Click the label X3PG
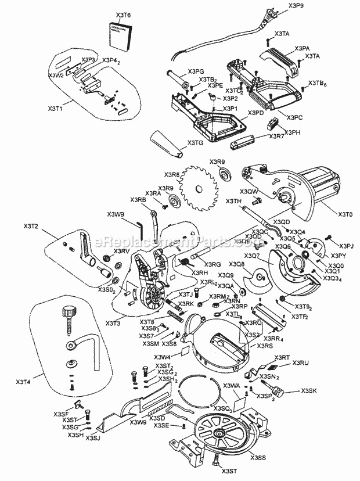click(195, 72)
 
